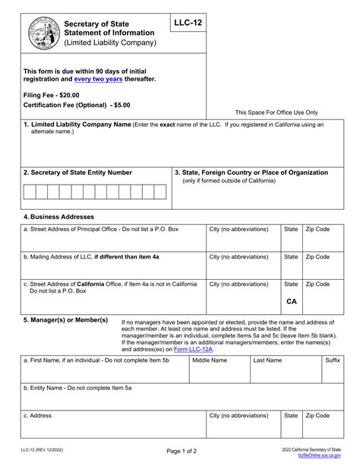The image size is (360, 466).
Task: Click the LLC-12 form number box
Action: tap(188, 25)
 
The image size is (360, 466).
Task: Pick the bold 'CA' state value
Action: tap(291, 301)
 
